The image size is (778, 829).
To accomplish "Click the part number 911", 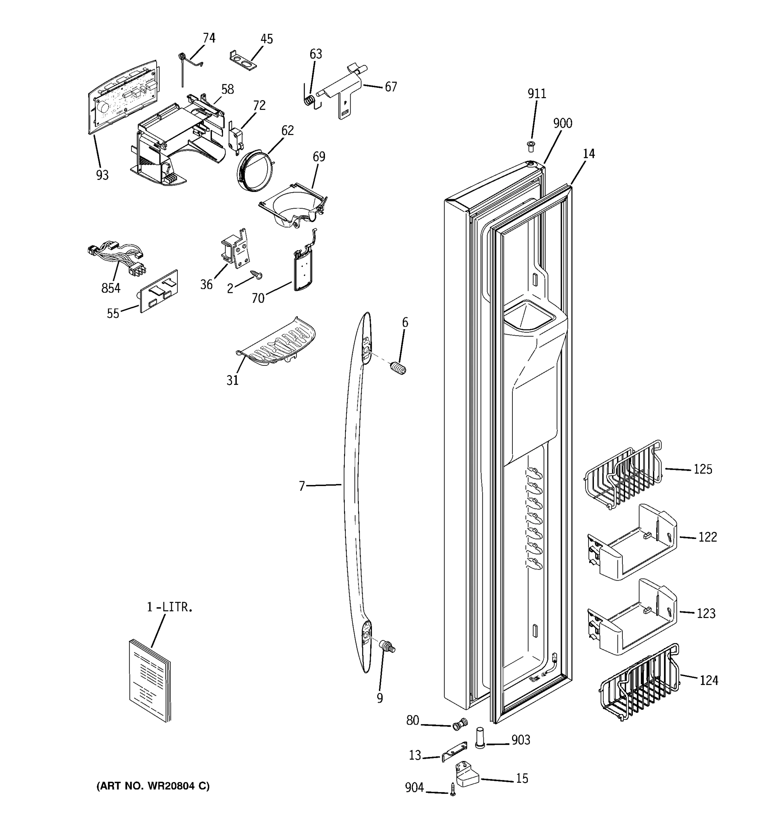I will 536,94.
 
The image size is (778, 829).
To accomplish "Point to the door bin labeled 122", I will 632,543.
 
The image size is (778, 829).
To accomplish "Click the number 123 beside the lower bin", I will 706,613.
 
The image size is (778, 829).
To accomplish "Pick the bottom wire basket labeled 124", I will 638,683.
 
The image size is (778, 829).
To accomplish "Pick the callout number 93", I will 102,175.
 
